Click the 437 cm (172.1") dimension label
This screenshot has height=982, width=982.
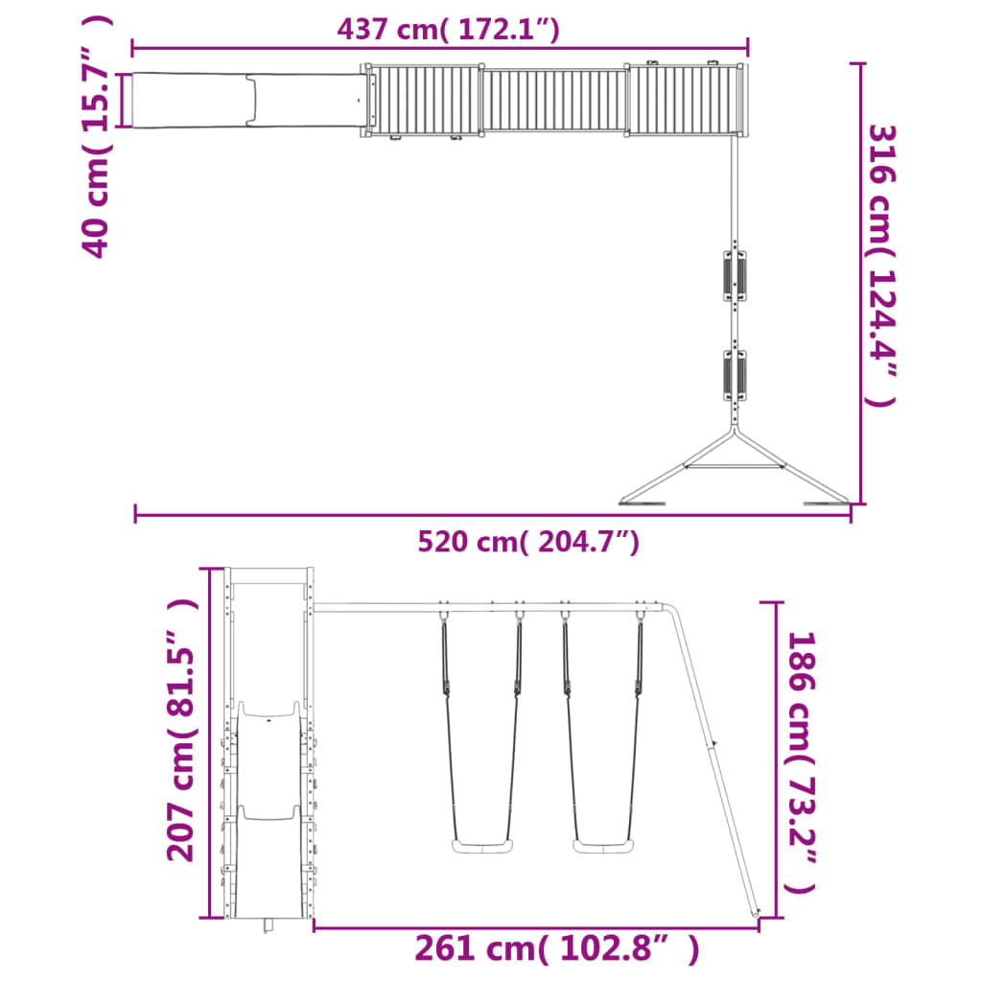[x=448, y=29]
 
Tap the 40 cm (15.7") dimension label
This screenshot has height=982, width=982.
[x=97, y=136]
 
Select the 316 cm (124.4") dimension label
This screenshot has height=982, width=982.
[x=882, y=266]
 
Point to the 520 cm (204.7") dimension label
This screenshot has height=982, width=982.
[x=528, y=541]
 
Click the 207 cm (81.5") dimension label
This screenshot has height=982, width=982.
[x=182, y=730]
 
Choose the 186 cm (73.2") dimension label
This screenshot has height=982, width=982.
[x=801, y=762]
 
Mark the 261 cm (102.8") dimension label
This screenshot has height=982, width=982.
[x=557, y=948]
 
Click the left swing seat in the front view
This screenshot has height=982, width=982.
[x=482, y=846]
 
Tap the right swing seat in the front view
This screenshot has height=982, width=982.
[x=603, y=846]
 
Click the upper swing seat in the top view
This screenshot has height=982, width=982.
[x=735, y=276]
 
